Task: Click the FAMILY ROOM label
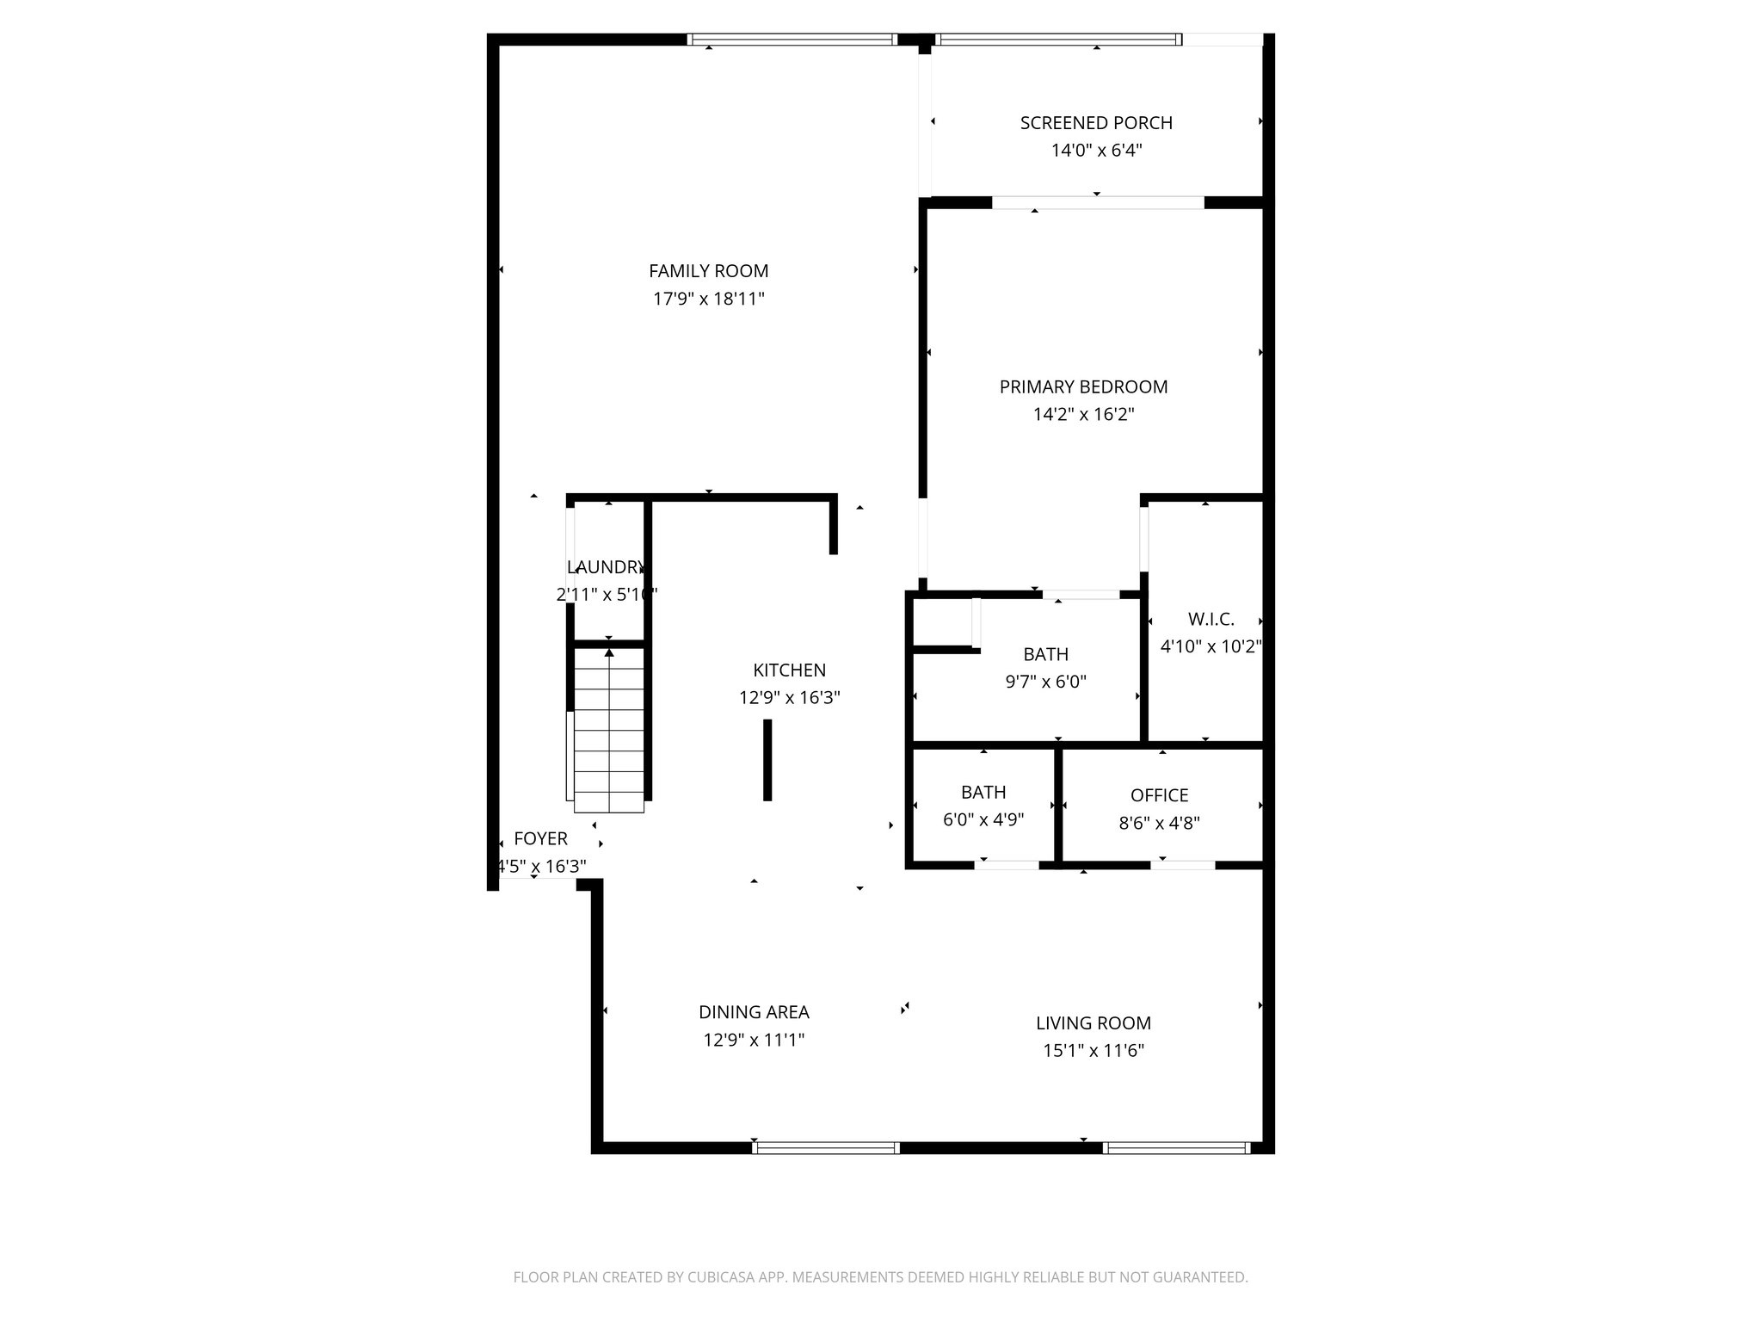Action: pos(708,271)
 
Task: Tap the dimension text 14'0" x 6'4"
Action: pos(1096,151)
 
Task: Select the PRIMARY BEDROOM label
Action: pos(1083,387)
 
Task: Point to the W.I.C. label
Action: pos(1211,619)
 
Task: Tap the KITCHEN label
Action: pos(789,670)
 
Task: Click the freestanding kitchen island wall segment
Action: pos(767,760)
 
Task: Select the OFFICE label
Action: pos(1159,795)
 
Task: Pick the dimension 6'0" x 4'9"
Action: pos(983,819)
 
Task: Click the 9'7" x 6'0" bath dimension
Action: pos(1045,683)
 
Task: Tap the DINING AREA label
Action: pos(754,1012)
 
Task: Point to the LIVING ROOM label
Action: pos(1093,1023)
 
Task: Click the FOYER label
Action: pos(540,838)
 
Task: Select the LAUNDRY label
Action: pos(606,567)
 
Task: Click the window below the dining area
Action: pos(826,1147)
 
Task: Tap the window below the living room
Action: pos(1176,1147)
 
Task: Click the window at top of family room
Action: pos(792,39)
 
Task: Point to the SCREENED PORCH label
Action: pos(1096,123)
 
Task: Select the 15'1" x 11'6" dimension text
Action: pos(1093,1051)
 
